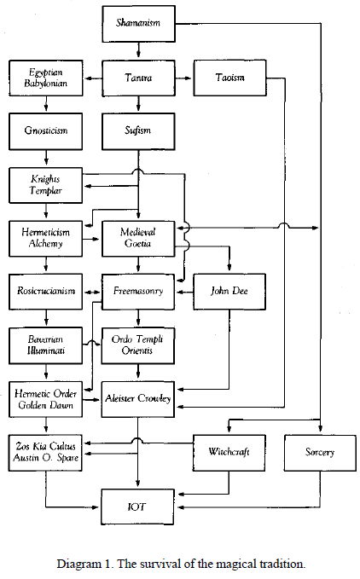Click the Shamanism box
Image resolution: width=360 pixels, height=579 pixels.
(138, 24)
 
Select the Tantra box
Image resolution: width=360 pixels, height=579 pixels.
(138, 78)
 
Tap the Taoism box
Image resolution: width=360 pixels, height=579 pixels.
(229, 78)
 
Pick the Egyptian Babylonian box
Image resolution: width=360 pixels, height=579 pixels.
(46, 78)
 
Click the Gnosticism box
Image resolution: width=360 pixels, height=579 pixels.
(46, 131)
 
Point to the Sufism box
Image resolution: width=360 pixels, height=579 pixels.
(138, 131)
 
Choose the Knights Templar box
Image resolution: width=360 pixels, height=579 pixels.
(46, 185)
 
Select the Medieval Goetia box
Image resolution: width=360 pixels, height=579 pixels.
(138, 239)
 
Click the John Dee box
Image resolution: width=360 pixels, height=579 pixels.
(229, 292)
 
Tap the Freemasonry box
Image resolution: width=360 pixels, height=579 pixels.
(138, 292)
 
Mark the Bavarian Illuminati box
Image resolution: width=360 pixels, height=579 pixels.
(46, 345)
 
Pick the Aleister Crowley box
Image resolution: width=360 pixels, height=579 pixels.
(138, 399)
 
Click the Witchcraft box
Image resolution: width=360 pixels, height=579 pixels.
(229, 453)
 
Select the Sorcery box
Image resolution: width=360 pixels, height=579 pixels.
(320, 453)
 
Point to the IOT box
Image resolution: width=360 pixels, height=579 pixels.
(137, 507)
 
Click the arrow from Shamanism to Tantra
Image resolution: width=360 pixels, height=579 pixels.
(138, 49)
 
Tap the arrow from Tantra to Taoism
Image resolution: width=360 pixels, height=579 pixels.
(183, 78)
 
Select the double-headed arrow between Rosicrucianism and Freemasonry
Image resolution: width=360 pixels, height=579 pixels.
(92, 292)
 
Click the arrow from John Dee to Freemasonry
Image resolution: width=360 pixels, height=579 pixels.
(184, 292)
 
